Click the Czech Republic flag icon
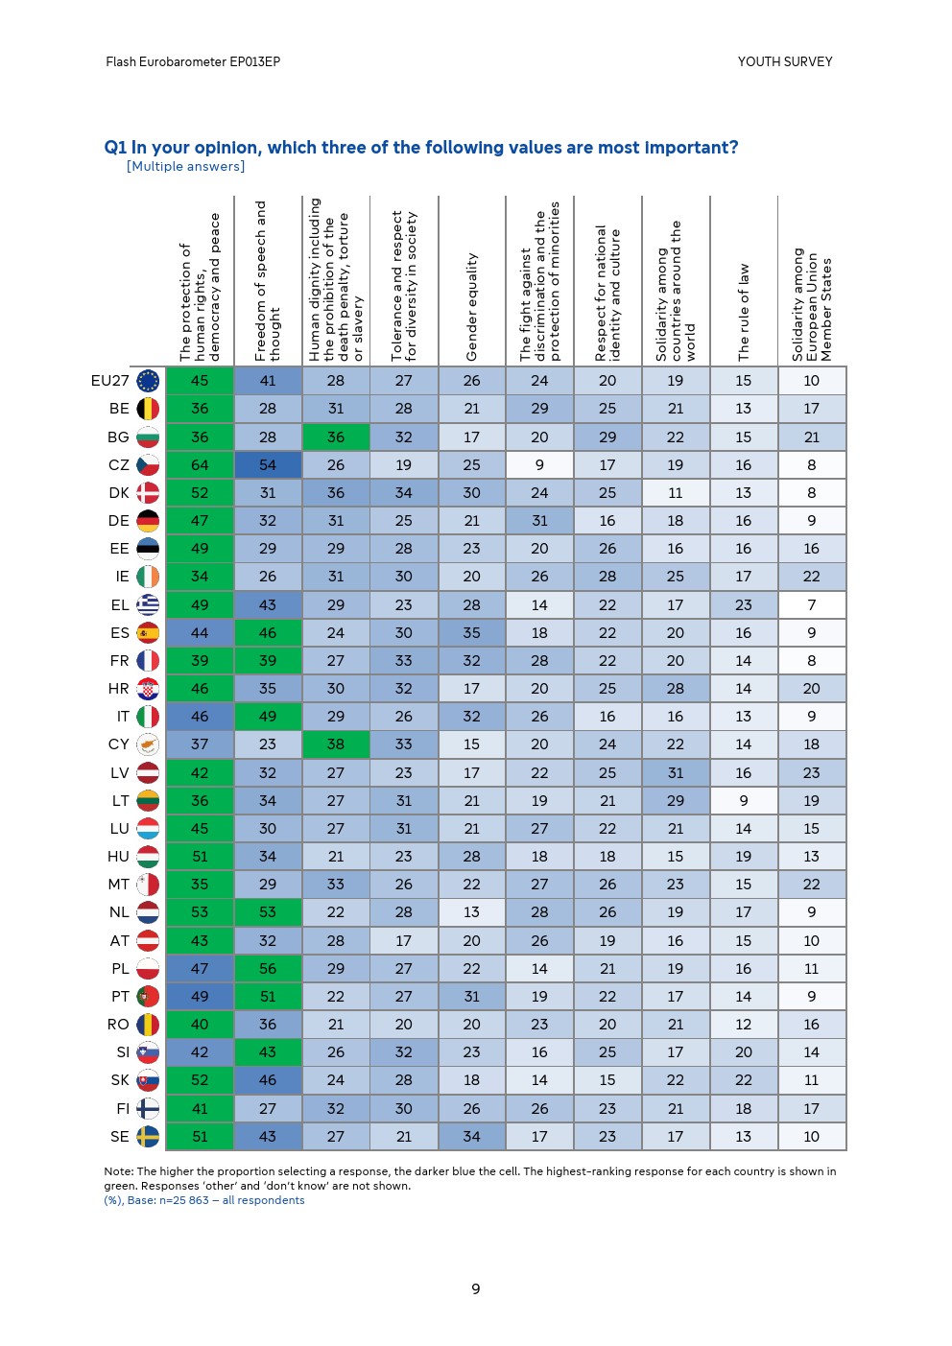(x=148, y=465)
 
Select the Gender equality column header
(x=471, y=307)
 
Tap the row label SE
(x=119, y=1137)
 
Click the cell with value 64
(x=200, y=465)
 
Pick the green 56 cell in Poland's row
(x=268, y=969)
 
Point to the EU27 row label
(x=109, y=381)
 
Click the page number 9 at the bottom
(x=476, y=1288)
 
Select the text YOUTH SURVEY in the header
(x=785, y=61)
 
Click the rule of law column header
(x=744, y=313)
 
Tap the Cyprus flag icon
(x=148, y=744)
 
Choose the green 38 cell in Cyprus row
(x=336, y=744)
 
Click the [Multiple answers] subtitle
(x=185, y=167)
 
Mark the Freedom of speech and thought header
(x=268, y=281)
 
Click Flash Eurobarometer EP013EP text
(x=193, y=61)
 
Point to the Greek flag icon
(x=148, y=605)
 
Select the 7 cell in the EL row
(x=812, y=605)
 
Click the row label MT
(x=118, y=885)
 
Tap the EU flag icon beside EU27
(x=148, y=381)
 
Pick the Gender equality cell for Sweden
(x=471, y=1137)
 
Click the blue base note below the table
(x=204, y=1200)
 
